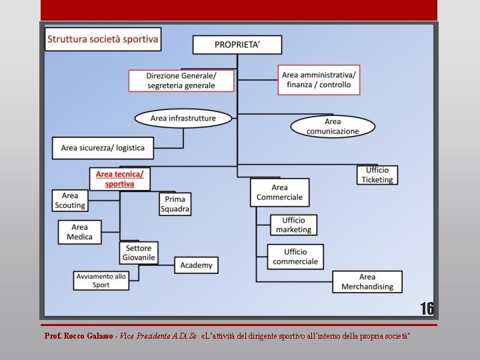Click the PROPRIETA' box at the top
click(237, 45)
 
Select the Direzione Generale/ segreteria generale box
click(181, 81)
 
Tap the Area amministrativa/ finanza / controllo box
click(319, 80)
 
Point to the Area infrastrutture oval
click(183, 119)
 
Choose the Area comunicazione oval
click(333, 127)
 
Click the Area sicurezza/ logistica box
click(103, 147)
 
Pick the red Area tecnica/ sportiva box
click(119, 179)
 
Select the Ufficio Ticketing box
click(377, 175)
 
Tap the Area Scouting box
click(70, 201)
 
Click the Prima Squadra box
click(175, 204)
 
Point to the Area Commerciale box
click(279, 192)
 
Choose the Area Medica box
click(80, 232)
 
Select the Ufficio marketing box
click(293, 225)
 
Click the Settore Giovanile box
click(139, 253)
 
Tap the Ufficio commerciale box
click(295, 257)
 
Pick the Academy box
click(196, 265)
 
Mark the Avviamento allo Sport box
click(101, 281)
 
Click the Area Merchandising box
click(367, 281)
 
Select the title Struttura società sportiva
click(103, 39)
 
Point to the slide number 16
click(427, 309)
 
